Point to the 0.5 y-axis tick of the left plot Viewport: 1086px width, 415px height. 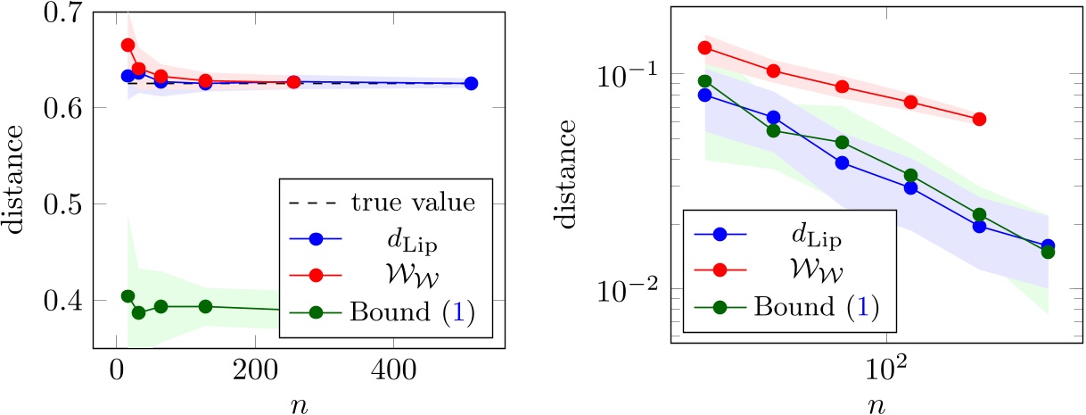point(66,204)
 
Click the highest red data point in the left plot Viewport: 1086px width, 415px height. point(128,45)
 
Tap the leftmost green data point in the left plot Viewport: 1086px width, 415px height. point(128,296)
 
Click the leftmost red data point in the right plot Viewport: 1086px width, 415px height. point(704,48)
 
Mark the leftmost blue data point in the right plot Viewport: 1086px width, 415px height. point(704,95)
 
